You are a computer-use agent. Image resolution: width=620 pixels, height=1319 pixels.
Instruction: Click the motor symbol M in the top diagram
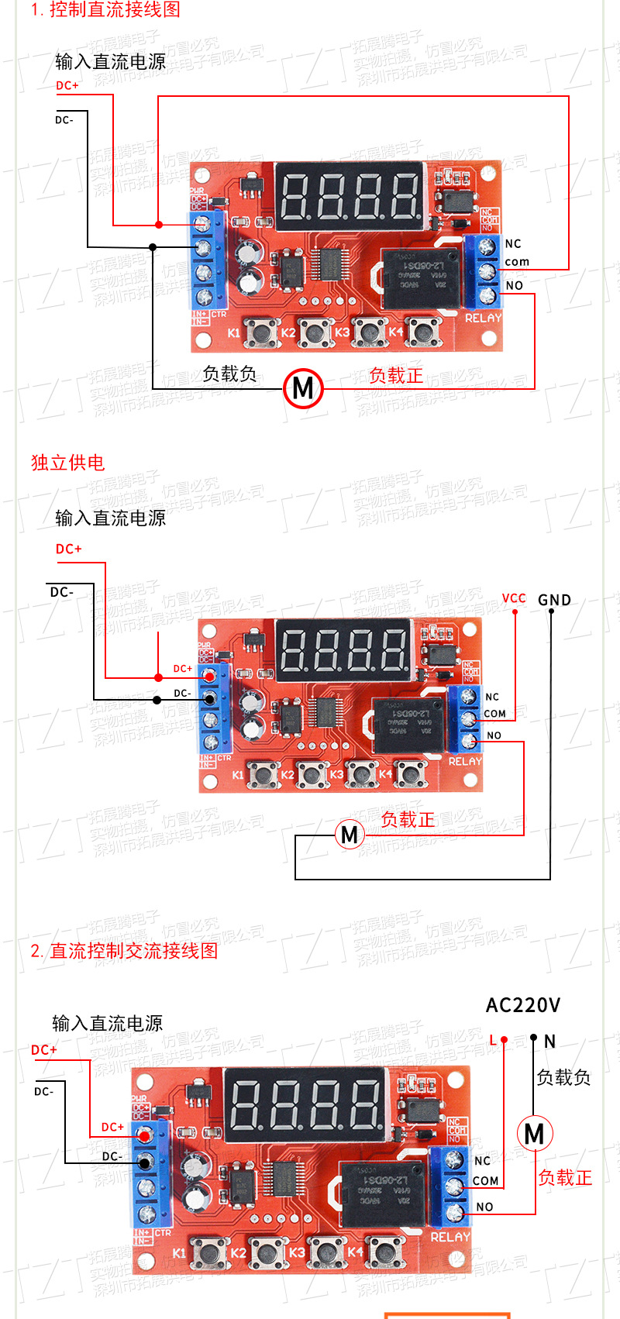303,387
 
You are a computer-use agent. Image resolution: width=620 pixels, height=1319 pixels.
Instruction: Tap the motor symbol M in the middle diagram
350,835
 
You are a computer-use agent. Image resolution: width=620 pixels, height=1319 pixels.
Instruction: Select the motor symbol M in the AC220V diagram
534,1134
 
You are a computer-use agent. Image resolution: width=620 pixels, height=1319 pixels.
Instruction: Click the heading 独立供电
67,463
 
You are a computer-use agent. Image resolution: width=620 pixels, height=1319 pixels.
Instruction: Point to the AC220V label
522,1005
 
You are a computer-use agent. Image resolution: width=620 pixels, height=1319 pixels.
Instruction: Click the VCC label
514,598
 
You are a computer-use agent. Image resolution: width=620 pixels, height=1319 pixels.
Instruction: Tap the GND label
554,600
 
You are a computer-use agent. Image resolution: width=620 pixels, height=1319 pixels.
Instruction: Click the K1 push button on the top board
262,332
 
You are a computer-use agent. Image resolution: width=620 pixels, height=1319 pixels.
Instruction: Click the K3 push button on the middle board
361,773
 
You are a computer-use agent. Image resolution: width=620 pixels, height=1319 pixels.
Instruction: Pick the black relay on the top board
422,277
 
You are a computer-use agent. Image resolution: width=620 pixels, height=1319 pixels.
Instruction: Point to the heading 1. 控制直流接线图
105,10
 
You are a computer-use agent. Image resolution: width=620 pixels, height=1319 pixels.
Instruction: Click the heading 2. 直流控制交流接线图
124,951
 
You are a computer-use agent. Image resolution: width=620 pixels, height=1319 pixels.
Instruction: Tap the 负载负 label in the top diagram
229,374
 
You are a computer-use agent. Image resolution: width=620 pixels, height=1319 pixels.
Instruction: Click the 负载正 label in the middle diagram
408,819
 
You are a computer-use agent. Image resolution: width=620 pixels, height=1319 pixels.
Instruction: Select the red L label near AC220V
493,1040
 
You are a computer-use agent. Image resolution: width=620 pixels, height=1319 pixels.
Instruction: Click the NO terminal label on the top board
515,285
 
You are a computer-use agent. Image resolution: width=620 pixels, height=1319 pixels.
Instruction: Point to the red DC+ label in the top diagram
67,85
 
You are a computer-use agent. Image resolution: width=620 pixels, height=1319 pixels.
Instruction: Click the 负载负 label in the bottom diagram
563,1077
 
